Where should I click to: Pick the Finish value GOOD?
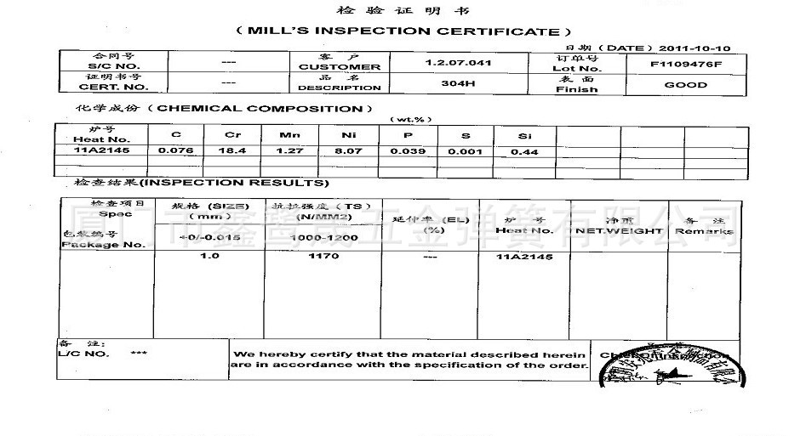[x=686, y=85]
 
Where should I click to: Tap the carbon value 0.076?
[x=176, y=150]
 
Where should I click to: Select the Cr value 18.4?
[x=233, y=150]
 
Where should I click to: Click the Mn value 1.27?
[x=289, y=150]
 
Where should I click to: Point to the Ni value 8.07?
[x=349, y=150]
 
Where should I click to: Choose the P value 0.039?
[x=408, y=150]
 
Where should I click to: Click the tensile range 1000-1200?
[x=324, y=238]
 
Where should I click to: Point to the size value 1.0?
[x=209, y=256]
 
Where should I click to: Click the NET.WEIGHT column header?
[x=619, y=231]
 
